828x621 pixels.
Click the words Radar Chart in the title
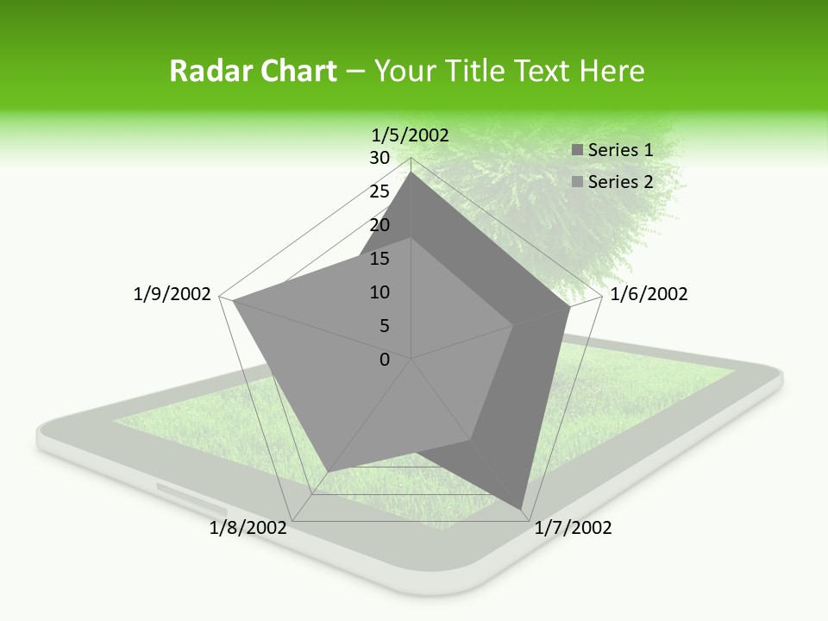pos(253,71)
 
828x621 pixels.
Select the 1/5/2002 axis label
pos(411,135)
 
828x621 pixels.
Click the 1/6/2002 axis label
pos(649,294)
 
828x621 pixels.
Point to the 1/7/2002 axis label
pos(573,528)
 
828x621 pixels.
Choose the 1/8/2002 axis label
pos(248,528)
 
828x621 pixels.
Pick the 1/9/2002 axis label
pos(172,294)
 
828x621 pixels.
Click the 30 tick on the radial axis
pos(379,158)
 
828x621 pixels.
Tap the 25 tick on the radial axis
pos(379,191)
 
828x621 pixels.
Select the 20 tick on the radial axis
pos(379,225)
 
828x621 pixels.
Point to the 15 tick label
pos(379,259)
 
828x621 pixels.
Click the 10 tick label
pos(379,292)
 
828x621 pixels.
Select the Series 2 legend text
pos(620,182)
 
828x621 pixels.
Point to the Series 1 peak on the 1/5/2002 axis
pos(411,172)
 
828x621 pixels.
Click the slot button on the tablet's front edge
pos(185,494)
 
